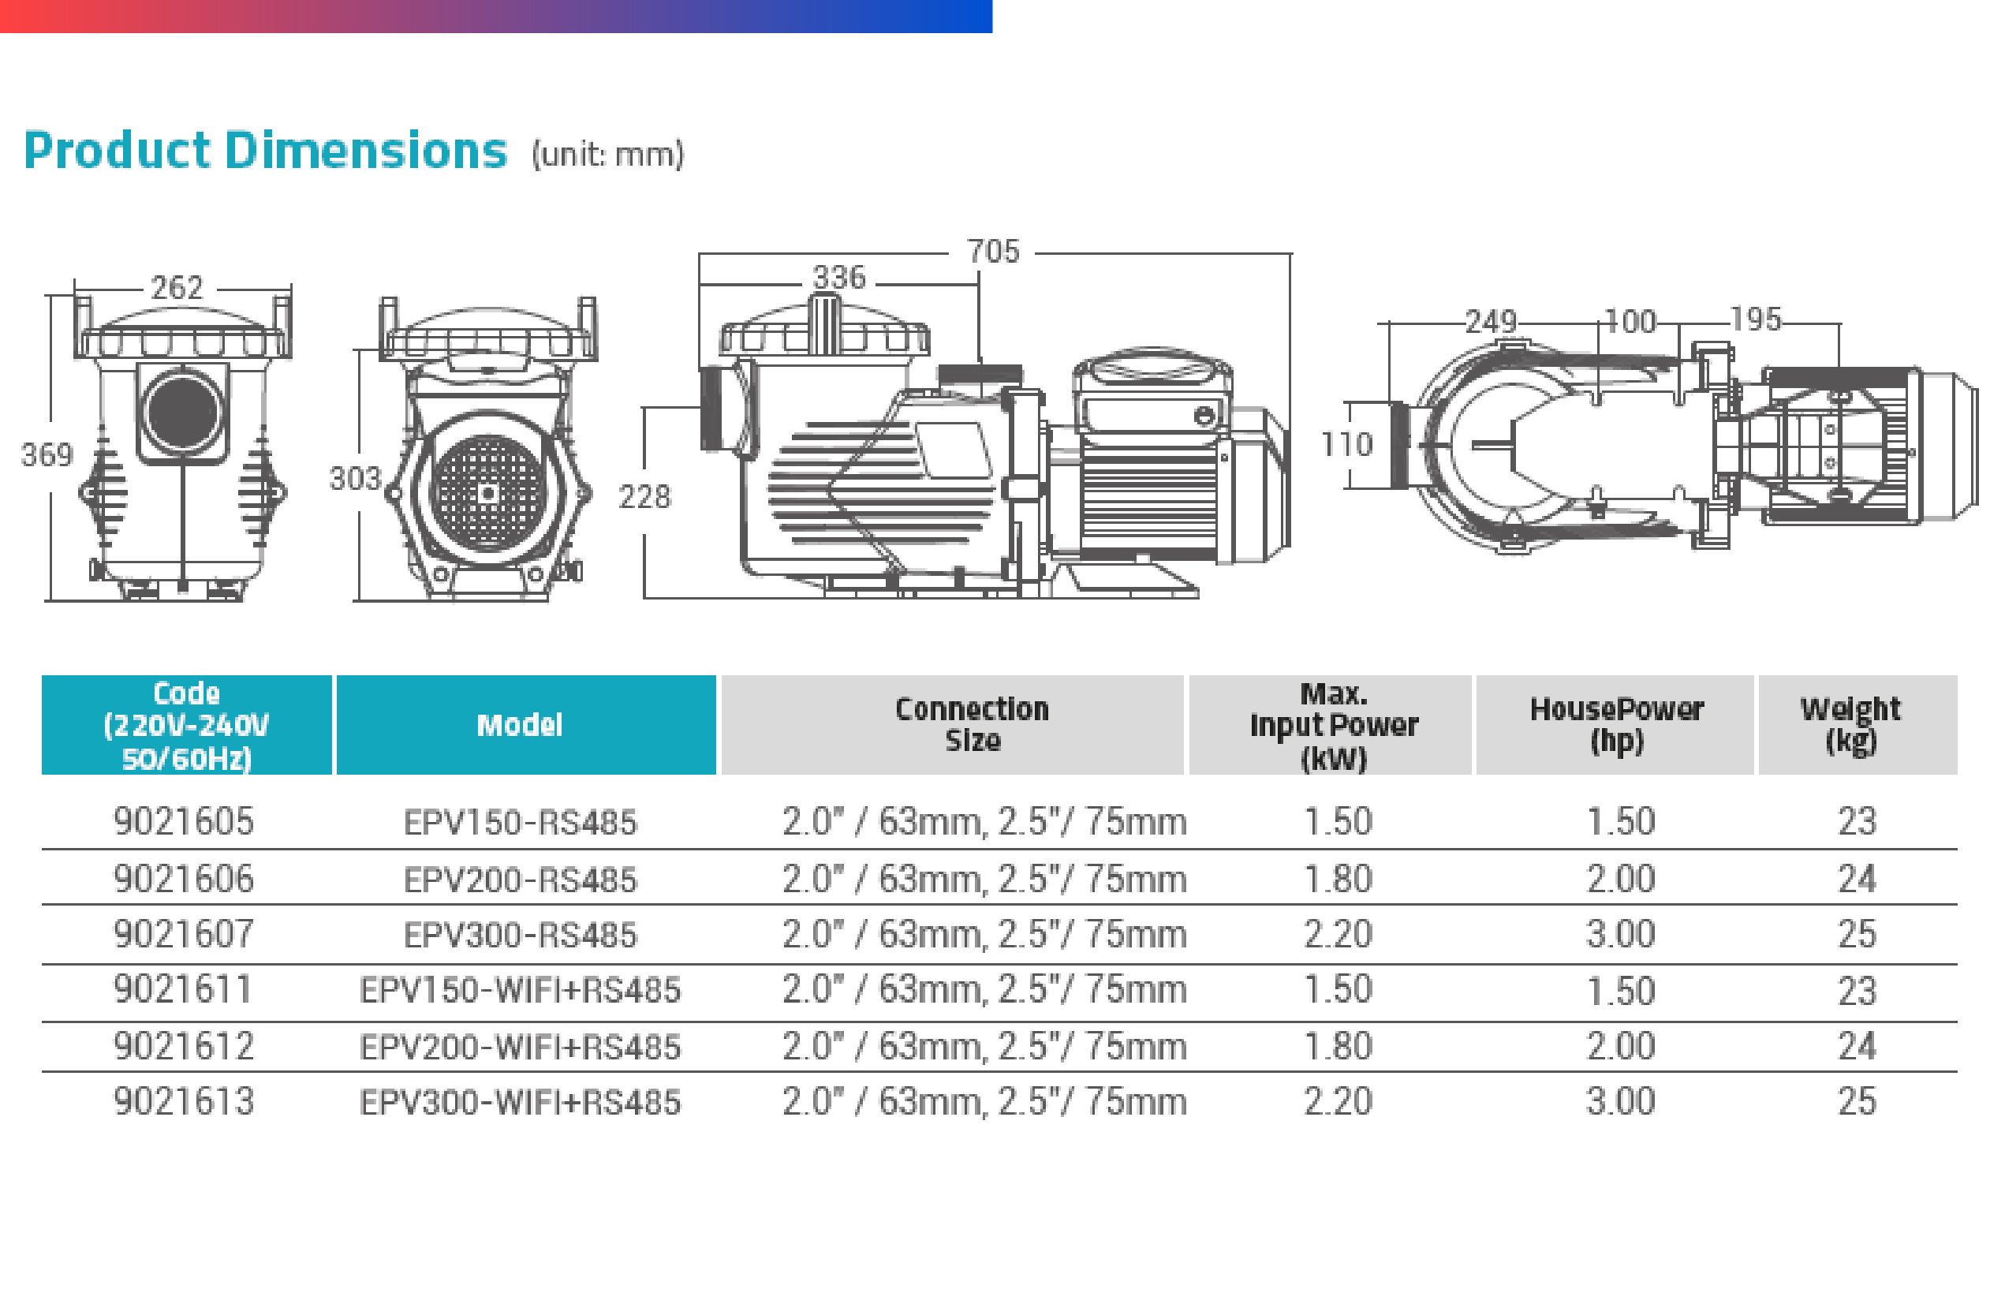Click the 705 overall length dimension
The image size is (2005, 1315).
[993, 251]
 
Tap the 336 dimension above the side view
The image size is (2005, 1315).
[839, 277]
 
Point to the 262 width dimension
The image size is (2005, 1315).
[177, 288]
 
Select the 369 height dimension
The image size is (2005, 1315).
[47, 455]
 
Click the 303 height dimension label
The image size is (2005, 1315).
[356, 479]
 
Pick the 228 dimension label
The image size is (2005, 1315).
[644, 497]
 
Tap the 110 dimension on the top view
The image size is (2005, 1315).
[1346, 444]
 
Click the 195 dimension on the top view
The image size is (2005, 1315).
[1756, 319]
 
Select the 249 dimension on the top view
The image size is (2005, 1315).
[1490, 321]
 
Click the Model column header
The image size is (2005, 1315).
[520, 725]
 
